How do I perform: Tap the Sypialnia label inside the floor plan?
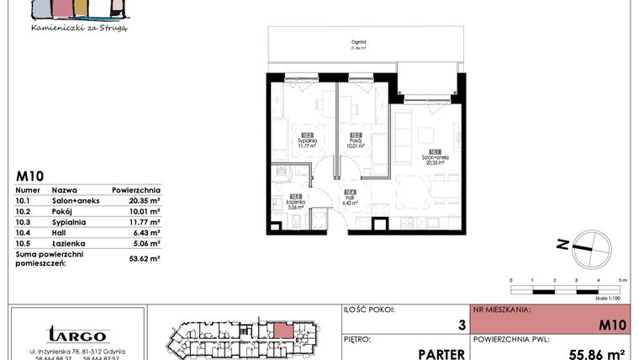(x=307, y=140)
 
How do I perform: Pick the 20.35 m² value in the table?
(x=145, y=201)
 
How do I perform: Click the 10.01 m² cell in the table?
(x=145, y=211)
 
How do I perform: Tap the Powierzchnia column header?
(x=135, y=191)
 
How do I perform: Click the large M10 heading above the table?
(x=29, y=177)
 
